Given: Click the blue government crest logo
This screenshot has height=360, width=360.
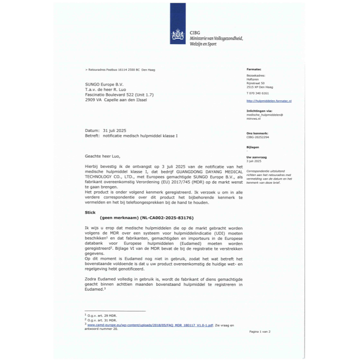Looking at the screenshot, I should (177, 36).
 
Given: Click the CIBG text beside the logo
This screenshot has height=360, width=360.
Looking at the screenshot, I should (195, 33).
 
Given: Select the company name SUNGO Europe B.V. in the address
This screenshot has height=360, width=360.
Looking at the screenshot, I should (104, 84).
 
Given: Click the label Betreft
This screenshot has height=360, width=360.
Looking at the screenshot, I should (92, 135).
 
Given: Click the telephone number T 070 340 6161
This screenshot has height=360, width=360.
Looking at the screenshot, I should (258, 93).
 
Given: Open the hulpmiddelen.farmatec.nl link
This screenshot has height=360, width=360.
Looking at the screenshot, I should (269, 101).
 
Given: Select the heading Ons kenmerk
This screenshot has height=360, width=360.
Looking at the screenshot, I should (257, 134).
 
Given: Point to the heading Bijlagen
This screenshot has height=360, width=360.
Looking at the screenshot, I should (253, 147).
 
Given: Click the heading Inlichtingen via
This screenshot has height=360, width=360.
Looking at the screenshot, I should (259, 110).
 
